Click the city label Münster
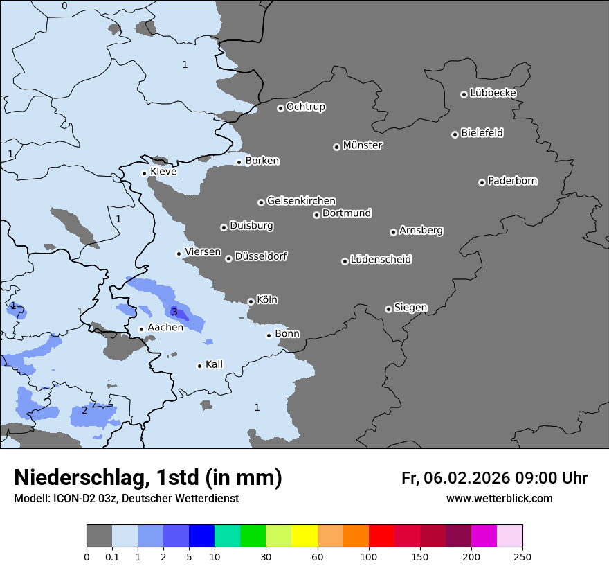(x=363, y=145)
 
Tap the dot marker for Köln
(x=251, y=301)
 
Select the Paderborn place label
(x=513, y=181)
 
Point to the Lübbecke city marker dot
(x=464, y=94)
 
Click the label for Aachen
(x=165, y=328)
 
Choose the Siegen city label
(x=410, y=308)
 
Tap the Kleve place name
(x=163, y=172)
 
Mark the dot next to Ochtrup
(x=280, y=107)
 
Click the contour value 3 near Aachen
(x=174, y=312)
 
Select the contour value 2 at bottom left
(x=84, y=410)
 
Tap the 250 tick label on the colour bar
(x=522, y=556)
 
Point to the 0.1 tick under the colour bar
(x=112, y=556)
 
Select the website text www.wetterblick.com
(x=499, y=498)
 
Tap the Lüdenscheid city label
(x=381, y=260)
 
